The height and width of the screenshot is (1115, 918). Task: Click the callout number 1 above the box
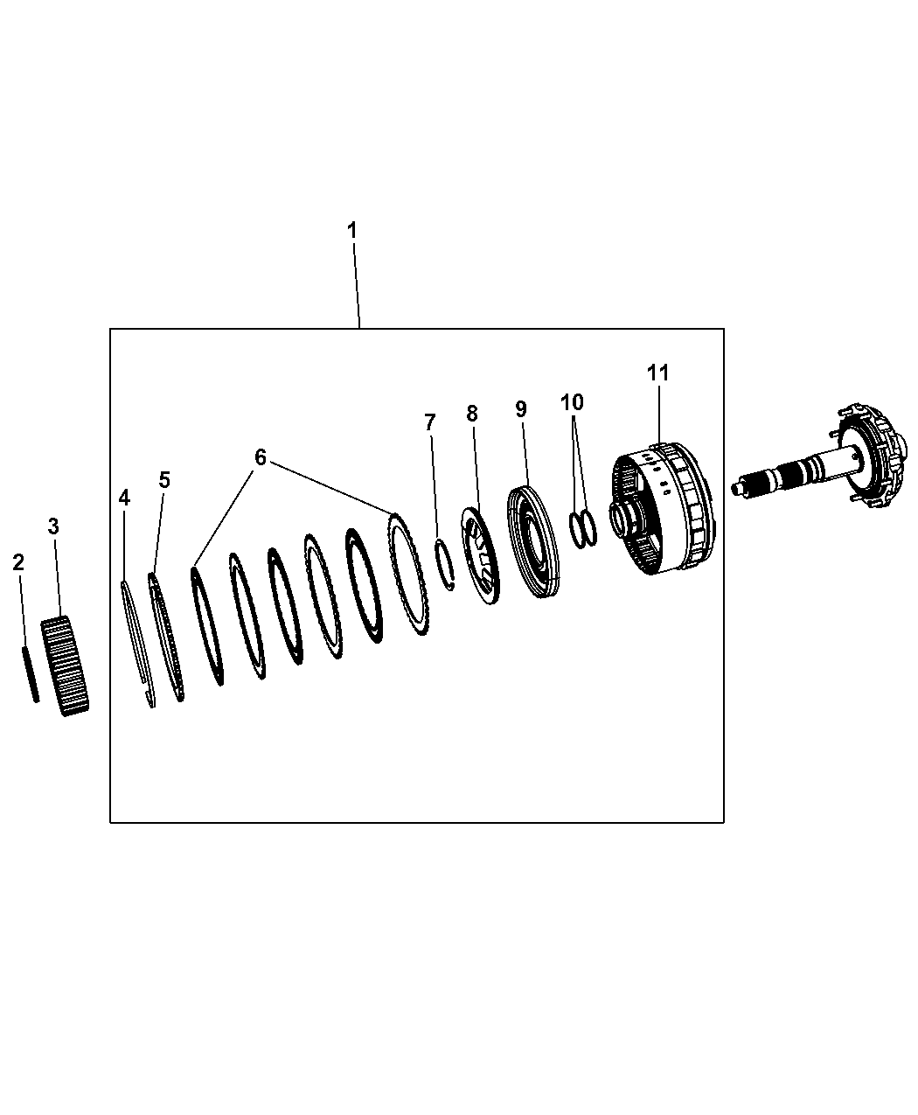(x=351, y=231)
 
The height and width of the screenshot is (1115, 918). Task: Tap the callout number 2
(x=18, y=562)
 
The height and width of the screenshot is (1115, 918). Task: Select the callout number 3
(x=52, y=526)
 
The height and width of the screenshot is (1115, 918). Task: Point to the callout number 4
(x=124, y=498)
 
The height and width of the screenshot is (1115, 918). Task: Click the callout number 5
(x=164, y=480)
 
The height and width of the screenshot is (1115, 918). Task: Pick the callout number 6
(x=260, y=457)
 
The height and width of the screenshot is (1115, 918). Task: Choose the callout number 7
(x=430, y=422)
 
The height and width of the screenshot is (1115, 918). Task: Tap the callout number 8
(x=472, y=414)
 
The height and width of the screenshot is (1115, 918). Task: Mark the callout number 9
(x=521, y=408)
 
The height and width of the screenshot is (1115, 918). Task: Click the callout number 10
(x=572, y=402)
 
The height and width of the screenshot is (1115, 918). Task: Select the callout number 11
(x=658, y=373)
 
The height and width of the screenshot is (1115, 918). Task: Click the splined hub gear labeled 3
(x=65, y=666)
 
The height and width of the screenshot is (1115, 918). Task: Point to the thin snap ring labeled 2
(x=30, y=674)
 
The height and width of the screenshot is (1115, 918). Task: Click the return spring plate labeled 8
(x=481, y=555)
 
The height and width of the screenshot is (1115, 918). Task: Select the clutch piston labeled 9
(x=532, y=541)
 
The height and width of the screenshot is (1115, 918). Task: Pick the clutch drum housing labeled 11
(x=661, y=508)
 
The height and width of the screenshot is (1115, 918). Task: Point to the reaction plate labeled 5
(x=165, y=636)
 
